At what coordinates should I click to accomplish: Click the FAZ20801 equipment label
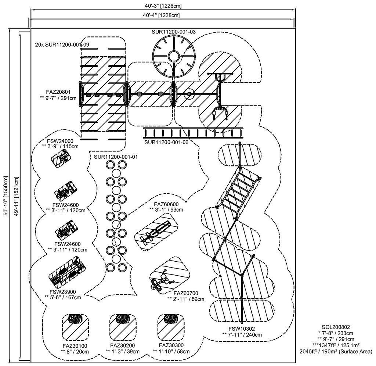[x=58, y=91]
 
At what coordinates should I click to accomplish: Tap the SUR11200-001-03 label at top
[x=174, y=32]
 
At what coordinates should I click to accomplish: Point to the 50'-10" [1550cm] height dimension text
[x=6, y=196]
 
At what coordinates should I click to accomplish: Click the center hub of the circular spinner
[x=174, y=56]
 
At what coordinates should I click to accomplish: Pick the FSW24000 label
[x=60, y=141]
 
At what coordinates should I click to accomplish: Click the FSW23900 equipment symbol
[x=67, y=270]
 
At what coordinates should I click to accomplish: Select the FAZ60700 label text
[x=186, y=293]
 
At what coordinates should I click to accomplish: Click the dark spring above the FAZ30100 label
[x=75, y=319]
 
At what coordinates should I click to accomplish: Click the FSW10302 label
[x=242, y=329]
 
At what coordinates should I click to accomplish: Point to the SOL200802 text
[x=336, y=327]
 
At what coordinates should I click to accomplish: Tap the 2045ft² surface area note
[x=336, y=352]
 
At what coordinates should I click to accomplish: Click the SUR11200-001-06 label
[x=166, y=142]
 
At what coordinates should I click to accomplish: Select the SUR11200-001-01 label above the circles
[x=116, y=157]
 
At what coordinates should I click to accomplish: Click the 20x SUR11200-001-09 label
[x=62, y=44]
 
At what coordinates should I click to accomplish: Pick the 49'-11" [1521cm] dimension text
[x=16, y=197]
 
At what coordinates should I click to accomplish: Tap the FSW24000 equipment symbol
[x=61, y=158]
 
